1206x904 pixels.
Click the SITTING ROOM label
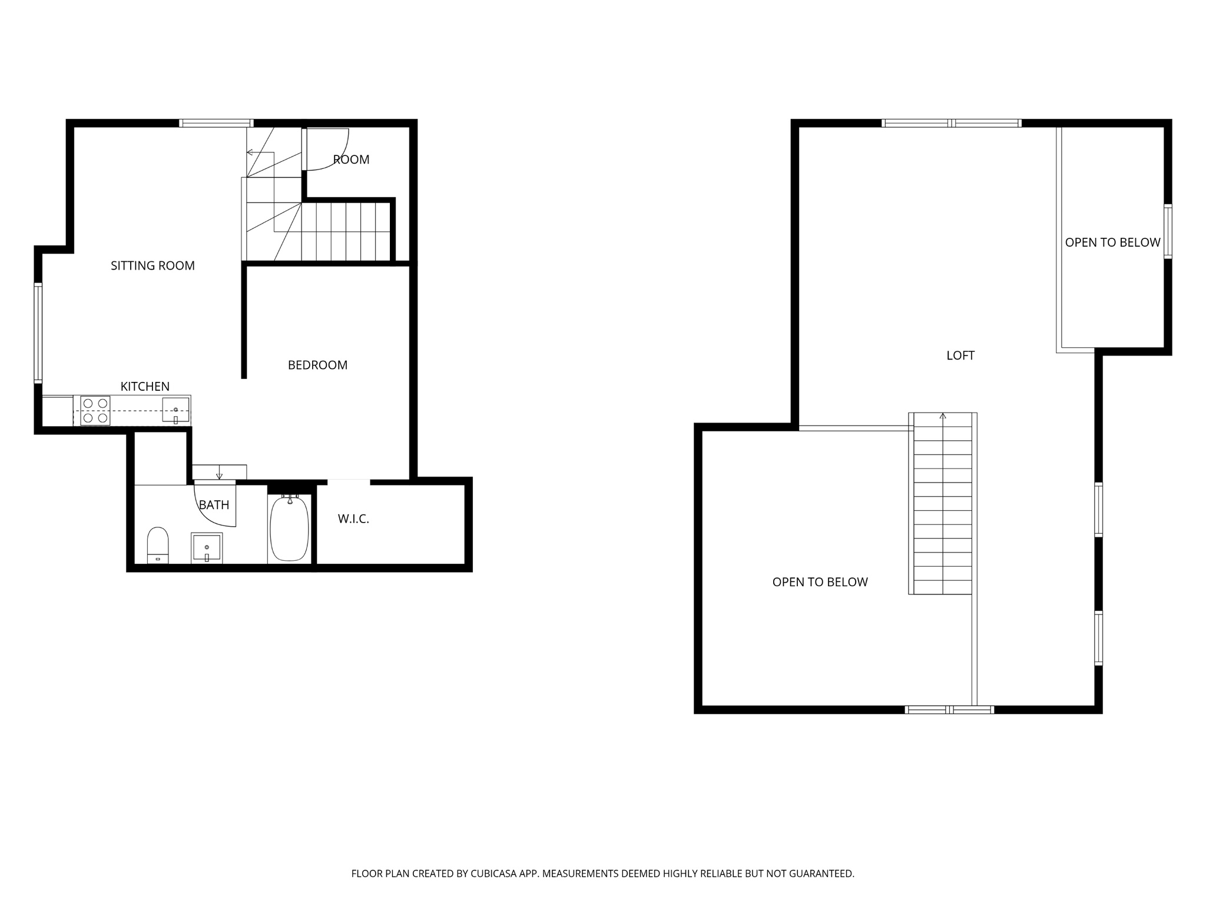point(153,266)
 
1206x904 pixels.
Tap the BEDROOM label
point(317,365)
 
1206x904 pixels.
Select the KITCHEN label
point(145,387)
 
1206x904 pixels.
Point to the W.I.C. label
point(353,519)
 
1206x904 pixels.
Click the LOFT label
point(960,355)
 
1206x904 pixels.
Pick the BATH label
point(214,505)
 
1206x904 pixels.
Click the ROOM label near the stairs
point(352,159)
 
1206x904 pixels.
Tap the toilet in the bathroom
point(158,544)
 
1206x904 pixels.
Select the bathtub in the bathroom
point(289,529)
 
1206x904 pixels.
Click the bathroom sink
point(207,547)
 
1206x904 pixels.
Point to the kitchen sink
point(175,410)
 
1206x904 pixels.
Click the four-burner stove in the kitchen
point(95,410)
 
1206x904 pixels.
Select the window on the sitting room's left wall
point(38,333)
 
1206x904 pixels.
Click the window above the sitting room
point(216,123)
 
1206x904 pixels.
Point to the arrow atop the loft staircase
point(943,417)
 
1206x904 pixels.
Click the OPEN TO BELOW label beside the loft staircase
point(820,582)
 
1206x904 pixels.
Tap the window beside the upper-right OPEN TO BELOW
point(1168,231)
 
